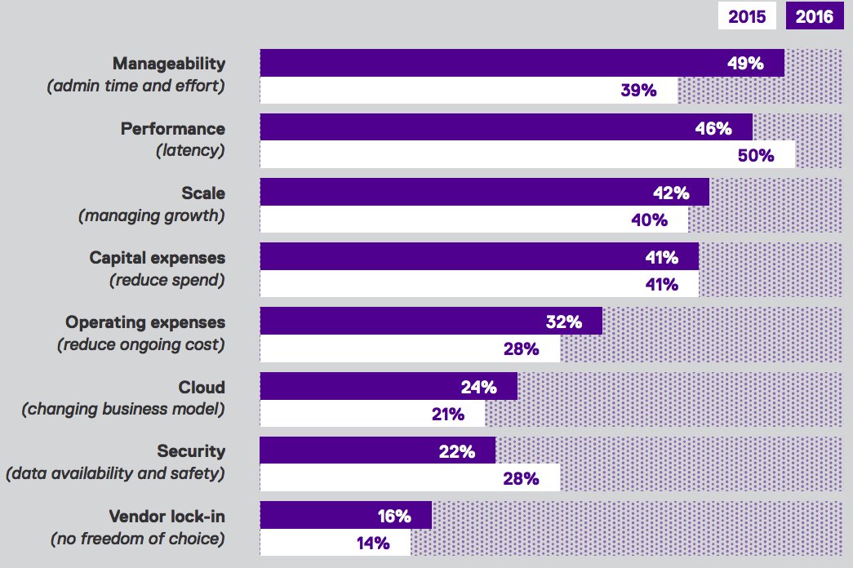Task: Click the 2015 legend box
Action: click(x=747, y=16)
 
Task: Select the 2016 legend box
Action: click(x=814, y=16)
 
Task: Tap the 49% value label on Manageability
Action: click(x=744, y=63)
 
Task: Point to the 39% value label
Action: click(x=638, y=91)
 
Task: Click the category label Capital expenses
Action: click(x=157, y=258)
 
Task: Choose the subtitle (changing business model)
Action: click(x=122, y=409)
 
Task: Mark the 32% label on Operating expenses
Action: click(x=563, y=322)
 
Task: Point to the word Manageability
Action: click(x=168, y=64)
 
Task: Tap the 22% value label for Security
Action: click(x=457, y=451)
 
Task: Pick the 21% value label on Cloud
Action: click(x=448, y=415)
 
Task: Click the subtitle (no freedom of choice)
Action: click(x=137, y=538)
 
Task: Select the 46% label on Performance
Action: click(x=713, y=128)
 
